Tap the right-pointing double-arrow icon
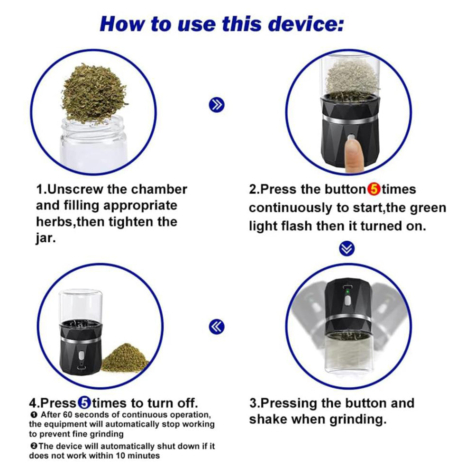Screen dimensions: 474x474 click(217, 105)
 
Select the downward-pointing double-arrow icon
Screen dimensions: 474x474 click(347, 248)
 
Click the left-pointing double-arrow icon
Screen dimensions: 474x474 click(217, 326)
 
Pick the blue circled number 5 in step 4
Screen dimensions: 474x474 click(84, 403)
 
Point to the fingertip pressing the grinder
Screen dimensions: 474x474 click(352, 156)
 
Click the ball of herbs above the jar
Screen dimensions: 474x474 click(95, 92)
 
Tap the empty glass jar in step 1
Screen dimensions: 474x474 click(93, 142)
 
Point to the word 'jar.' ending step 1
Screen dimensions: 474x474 click(46, 238)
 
